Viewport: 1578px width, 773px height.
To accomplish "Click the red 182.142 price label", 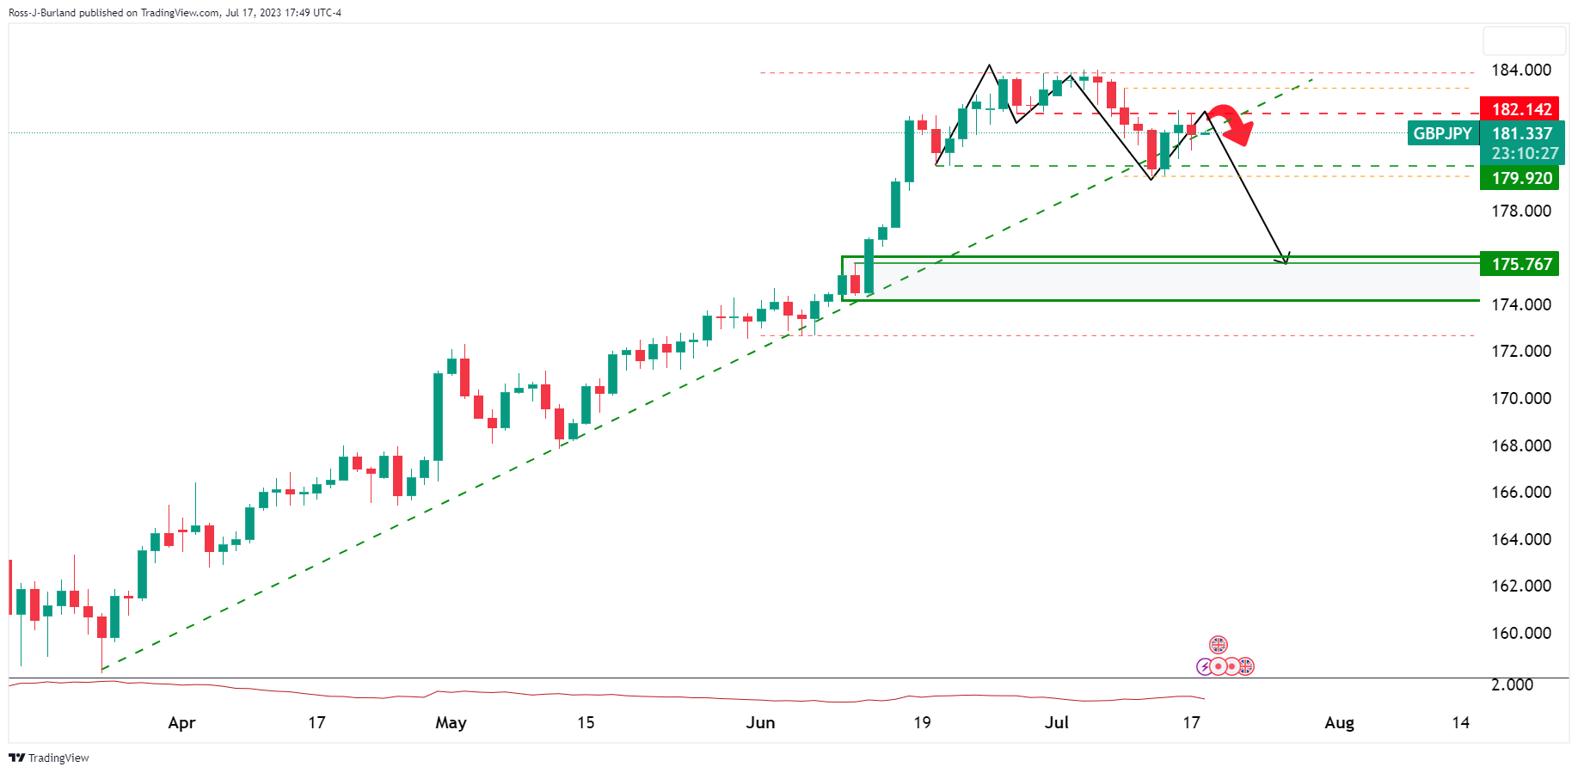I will [1521, 109].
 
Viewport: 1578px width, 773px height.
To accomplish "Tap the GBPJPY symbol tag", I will [1442, 133].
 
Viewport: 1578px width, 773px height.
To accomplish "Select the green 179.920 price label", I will [1521, 178].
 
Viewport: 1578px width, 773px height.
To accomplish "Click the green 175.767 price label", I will [1521, 264].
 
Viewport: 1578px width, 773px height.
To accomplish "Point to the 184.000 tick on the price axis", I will [1520, 71].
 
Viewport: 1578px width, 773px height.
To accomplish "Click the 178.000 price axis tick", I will [1520, 212].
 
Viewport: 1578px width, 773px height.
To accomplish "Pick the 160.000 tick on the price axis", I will [1520, 634].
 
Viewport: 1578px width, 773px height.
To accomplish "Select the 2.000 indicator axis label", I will [1512, 684].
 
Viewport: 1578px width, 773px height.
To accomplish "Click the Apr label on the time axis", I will [181, 723].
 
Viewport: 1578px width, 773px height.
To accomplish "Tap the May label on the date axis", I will [451, 723].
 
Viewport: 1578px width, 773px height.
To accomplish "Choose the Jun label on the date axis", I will [760, 723].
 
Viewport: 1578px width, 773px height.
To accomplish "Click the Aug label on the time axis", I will [1339, 723].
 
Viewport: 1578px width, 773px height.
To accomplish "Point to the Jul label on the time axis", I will [1056, 723].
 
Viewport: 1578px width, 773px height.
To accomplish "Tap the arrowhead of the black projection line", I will [1285, 260].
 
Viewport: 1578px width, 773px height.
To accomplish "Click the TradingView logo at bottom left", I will [49, 758].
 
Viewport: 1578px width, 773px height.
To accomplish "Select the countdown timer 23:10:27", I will [1525, 154].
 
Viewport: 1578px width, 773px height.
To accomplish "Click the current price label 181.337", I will [1521, 133].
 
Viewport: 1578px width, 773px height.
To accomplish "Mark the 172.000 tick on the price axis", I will [1520, 352].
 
